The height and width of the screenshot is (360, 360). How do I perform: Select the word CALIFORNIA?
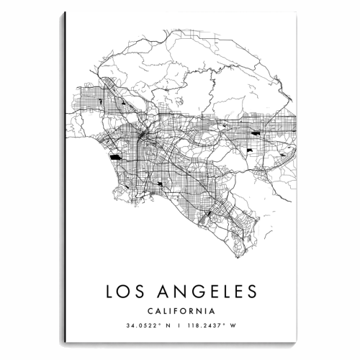coord(179,311)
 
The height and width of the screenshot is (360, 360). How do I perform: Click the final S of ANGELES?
coord(249,291)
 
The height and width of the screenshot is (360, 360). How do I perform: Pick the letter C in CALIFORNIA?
coord(148,311)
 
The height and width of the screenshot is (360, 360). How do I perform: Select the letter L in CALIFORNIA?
coord(163,311)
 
